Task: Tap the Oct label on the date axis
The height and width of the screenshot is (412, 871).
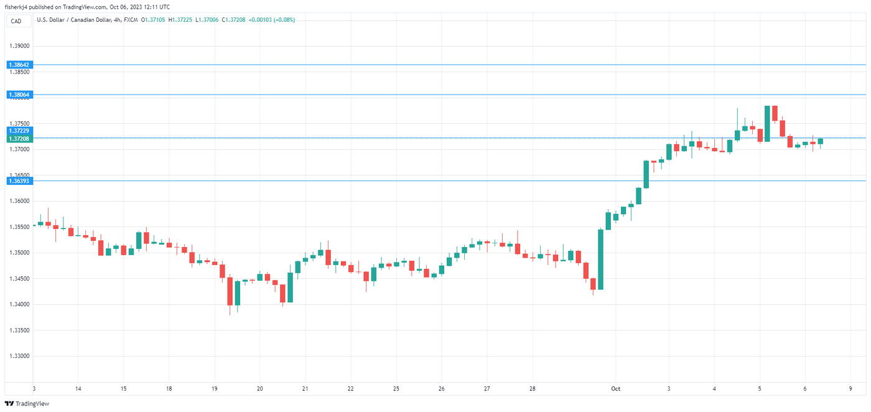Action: pyautogui.click(x=615, y=389)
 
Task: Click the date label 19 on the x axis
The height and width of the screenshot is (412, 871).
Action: pyautogui.click(x=214, y=389)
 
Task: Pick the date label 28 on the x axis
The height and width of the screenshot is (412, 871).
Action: pyautogui.click(x=533, y=389)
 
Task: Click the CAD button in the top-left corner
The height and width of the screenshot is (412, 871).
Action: pyautogui.click(x=16, y=21)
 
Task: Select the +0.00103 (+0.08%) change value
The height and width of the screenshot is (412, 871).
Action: pyautogui.click(x=271, y=20)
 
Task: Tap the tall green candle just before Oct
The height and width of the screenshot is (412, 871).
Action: pyautogui.click(x=601, y=260)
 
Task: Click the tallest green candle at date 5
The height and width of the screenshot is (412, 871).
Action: pyautogui.click(x=767, y=123)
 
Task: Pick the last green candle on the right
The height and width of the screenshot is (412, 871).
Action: pyautogui.click(x=821, y=141)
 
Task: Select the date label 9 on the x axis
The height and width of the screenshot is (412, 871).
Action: pyautogui.click(x=850, y=389)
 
